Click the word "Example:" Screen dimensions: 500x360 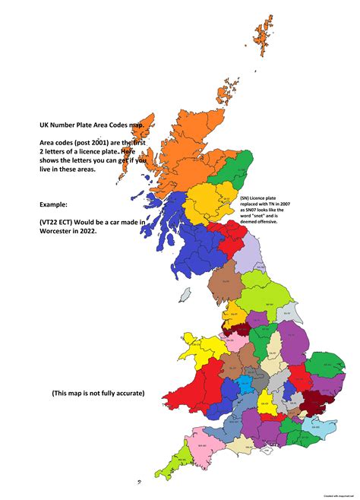click(x=58, y=204)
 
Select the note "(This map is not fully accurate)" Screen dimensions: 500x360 click(x=98, y=393)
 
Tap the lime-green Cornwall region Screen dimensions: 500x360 click(x=183, y=461)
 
